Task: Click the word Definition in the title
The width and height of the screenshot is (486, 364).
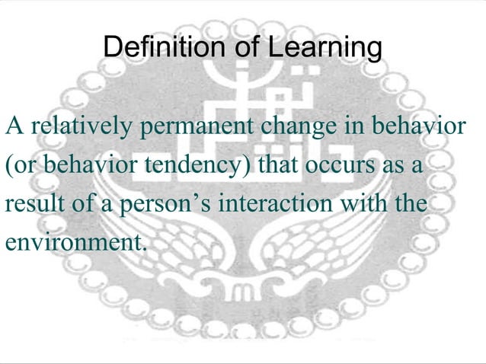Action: [x=155, y=48]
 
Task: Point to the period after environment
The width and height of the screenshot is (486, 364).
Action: [x=142, y=248]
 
